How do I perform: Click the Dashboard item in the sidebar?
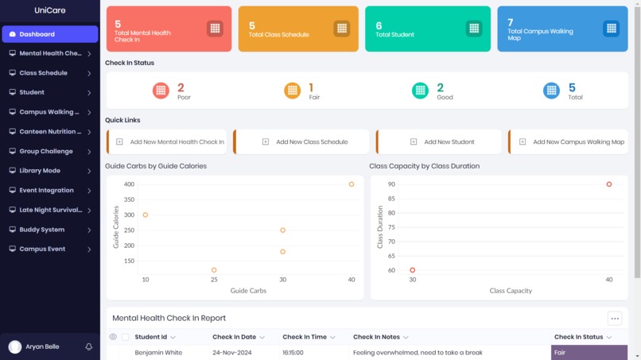49,34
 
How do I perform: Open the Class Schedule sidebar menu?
49,73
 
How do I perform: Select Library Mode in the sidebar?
49,171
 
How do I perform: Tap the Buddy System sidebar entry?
49,230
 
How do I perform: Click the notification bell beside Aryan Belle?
89,347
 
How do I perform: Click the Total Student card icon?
473,28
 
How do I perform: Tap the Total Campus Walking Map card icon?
611,28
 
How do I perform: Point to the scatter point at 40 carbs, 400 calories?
352,184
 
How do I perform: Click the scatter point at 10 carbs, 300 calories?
146,215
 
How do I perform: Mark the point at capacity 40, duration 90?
609,184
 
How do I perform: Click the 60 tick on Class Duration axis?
391,270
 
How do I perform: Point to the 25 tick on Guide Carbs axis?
214,281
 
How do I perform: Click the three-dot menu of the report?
614,319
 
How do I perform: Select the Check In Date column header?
234,337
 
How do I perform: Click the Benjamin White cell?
158,352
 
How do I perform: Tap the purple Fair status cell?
589,352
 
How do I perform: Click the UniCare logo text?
49,10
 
